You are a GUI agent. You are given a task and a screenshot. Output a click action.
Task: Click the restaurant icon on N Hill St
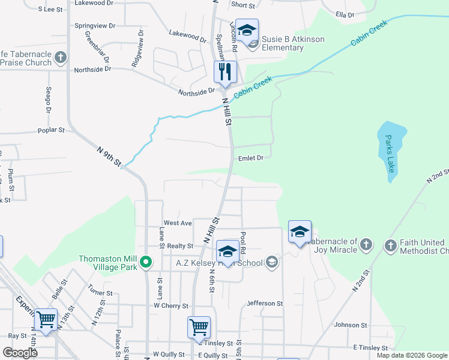click(x=226, y=72)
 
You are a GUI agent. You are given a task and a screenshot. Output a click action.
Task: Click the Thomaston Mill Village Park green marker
click(x=145, y=262)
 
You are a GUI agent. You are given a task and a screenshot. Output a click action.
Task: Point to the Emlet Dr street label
click(x=251, y=158)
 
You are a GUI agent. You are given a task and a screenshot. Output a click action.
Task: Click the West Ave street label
click(x=178, y=223)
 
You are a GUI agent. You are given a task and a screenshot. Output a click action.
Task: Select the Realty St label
click(x=180, y=246)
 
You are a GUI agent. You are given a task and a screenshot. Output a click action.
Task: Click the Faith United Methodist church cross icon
click(x=390, y=245)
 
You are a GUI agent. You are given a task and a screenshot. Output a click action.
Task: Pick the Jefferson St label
click(x=264, y=304)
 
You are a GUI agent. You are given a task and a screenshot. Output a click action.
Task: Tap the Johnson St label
click(x=350, y=325)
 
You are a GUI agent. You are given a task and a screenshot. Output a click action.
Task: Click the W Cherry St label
click(x=171, y=306)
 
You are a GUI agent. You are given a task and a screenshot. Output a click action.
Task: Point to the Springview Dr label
click(x=94, y=26)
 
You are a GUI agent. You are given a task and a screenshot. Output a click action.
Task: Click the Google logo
click(x=20, y=353)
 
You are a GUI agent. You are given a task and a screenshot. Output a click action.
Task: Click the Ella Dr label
click(x=345, y=14)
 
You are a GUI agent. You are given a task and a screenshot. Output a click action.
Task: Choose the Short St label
click(x=243, y=5)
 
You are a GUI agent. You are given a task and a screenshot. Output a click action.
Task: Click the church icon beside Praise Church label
click(x=60, y=58)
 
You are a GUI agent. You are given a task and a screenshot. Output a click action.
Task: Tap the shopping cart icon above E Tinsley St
click(x=199, y=327)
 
